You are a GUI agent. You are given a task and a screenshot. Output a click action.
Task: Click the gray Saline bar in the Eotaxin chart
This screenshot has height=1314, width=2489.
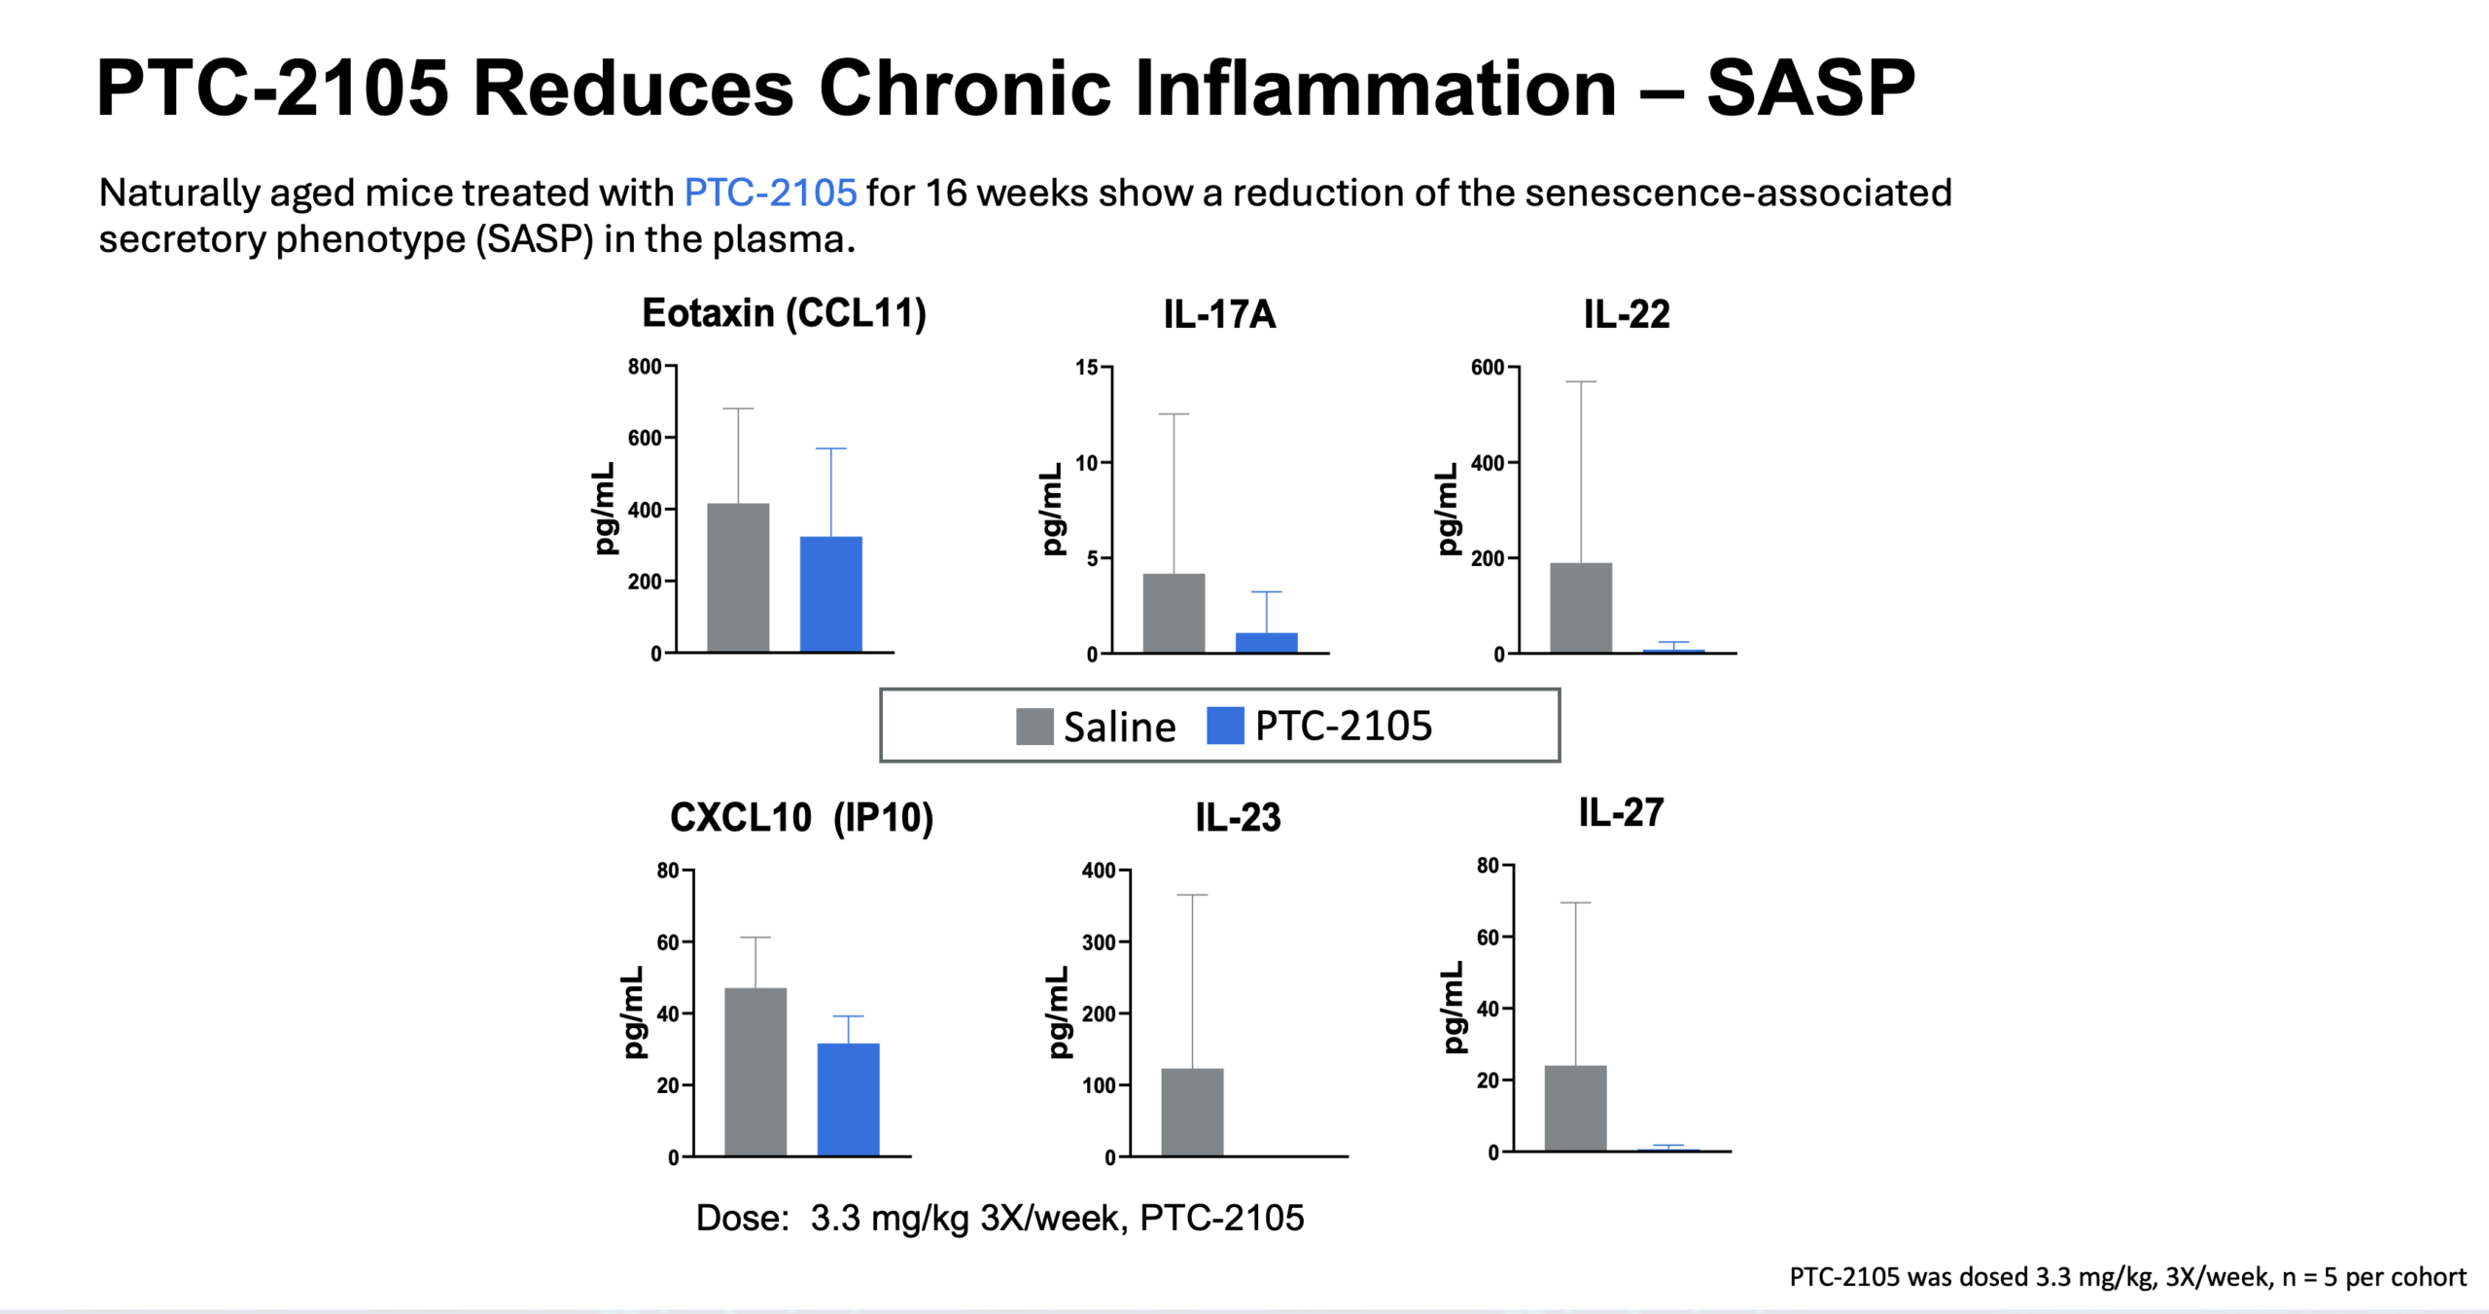[x=738, y=578]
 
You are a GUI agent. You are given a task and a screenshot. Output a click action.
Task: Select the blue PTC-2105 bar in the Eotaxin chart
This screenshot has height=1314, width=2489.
[x=830, y=594]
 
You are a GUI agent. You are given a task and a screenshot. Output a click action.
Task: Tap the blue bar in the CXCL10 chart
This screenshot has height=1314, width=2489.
[x=848, y=1099]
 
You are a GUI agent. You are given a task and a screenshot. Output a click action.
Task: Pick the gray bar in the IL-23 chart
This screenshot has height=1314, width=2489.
[x=1192, y=1112]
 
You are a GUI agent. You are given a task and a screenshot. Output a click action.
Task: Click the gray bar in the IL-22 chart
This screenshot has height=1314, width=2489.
[x=1580, y=608]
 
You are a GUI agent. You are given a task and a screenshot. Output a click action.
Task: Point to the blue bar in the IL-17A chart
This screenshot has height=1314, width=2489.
[x=1266, y=643]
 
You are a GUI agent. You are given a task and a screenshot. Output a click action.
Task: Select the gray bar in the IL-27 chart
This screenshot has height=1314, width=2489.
[x=1575, y=1109]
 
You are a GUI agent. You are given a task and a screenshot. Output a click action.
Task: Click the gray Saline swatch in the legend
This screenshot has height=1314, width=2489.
[x=1034, y=727]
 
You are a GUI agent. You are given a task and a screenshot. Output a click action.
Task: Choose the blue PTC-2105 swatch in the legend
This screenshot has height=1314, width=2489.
[x=1225, y=726]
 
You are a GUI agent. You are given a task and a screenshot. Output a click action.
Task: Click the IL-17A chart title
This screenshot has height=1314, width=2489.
[x=1219, y=314]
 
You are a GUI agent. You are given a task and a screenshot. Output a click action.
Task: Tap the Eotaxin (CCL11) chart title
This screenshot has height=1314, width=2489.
[x=784, y=313]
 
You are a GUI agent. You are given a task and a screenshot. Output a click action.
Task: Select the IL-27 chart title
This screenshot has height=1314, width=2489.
[x=1621, y=813]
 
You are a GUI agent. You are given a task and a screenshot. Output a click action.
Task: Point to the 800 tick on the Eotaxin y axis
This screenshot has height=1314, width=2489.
[x=644, y=367]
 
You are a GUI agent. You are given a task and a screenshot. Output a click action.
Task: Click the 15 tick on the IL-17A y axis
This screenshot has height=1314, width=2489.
[x=1086, y=368]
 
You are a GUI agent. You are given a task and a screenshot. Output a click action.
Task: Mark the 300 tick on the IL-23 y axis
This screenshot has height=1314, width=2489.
[x=1099, y=941]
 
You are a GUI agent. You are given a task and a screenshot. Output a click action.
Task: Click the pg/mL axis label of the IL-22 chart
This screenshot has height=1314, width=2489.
[x=1448, y=509]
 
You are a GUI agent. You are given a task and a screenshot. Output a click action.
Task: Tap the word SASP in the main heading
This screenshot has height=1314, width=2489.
[x=1810, y=89]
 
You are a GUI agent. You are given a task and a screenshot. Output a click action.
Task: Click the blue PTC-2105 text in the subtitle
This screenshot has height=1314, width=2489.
[x=770, y=193]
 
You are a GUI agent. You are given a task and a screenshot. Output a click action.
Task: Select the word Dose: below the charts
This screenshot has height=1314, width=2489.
[x=742, y=1218]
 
